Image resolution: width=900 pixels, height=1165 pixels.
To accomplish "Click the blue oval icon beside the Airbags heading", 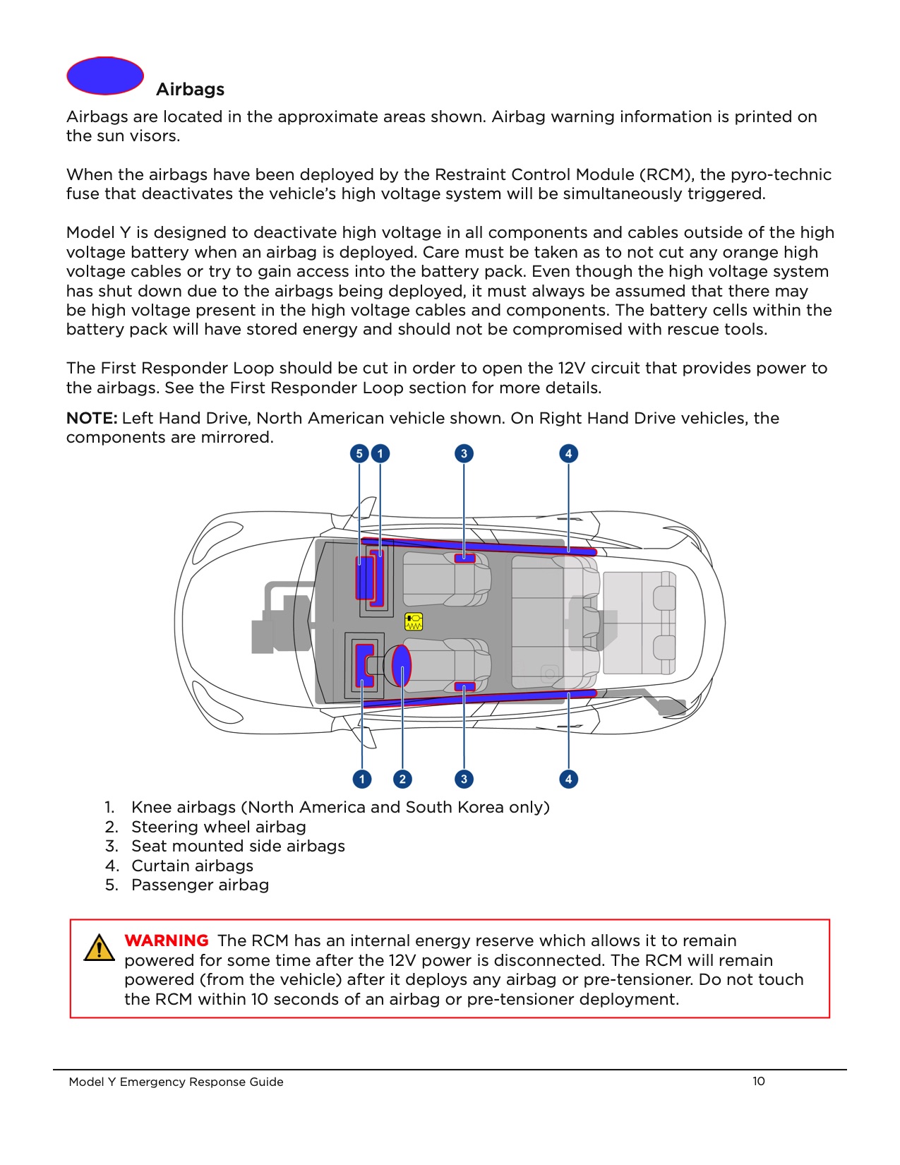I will click(x=105, y=76).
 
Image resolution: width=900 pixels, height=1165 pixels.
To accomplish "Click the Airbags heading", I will click(x=190, y=90).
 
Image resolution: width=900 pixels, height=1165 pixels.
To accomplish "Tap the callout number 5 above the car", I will click(x=359, y=453).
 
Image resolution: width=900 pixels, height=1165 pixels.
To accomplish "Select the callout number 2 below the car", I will click(x=402, y=779).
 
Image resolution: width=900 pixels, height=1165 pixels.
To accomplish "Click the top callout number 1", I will click(x=380, y=453).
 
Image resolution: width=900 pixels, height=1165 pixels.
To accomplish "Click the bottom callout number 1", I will click(x=362, y=779).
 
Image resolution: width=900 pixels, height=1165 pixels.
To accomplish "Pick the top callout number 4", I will click(x=568, y=453).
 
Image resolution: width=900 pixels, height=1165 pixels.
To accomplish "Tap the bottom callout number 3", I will click(x=464, y=779).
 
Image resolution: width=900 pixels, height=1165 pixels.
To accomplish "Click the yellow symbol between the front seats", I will click(x=414, y=621).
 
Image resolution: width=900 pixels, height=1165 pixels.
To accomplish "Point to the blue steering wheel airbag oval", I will click(x=401, y=665).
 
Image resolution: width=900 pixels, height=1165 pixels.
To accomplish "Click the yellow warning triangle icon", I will click(x=99, y=948).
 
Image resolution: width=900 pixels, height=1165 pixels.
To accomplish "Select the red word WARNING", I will click(x=167, y=940).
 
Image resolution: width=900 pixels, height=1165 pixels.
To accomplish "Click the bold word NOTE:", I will click(x=92, y=418).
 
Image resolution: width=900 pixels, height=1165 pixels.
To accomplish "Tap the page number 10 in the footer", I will click(x=759, y=1081).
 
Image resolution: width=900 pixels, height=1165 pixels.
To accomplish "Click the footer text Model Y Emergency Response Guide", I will click(x=176, y=1082).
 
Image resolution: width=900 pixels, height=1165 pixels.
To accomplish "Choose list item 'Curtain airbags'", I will click(x=192, y=866).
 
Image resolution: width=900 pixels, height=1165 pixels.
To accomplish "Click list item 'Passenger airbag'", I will click(x=200, y=885).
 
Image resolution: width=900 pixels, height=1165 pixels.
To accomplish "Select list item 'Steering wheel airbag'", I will click(x=218, y=827).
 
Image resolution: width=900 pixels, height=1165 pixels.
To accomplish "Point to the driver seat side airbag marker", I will click(x=464, y=686).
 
